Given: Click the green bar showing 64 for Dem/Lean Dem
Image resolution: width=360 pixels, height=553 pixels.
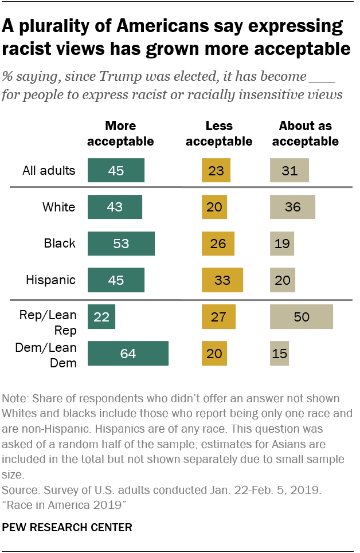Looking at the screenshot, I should [128, 354].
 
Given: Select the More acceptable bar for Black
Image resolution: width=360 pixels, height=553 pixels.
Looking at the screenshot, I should [121, 244].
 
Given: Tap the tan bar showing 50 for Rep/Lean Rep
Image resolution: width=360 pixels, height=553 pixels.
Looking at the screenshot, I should [302, 317].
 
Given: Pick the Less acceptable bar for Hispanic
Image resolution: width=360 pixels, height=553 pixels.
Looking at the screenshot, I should [222, 280].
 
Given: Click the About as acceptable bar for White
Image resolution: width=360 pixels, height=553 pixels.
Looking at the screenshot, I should [292, 207].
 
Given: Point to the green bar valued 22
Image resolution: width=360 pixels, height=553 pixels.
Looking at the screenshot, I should [101, 317].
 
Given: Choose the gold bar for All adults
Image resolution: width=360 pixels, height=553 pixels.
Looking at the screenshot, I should [216, 171].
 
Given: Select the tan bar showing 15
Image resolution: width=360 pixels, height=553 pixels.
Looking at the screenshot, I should [280, 354].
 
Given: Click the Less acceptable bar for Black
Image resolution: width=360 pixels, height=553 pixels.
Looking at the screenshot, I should [218, 244].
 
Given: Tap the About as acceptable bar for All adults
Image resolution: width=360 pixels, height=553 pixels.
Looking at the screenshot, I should [289, 171].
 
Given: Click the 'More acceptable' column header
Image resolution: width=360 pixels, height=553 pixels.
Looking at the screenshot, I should [120, 133].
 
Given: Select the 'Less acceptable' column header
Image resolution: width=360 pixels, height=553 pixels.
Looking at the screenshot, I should [219, 133].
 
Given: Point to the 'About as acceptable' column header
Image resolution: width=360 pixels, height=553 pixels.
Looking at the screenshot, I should [306, 133].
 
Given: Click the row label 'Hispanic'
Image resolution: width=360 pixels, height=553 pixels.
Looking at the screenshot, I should [50, 280].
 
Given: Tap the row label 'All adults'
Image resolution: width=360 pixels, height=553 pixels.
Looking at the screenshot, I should [49, 171].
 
